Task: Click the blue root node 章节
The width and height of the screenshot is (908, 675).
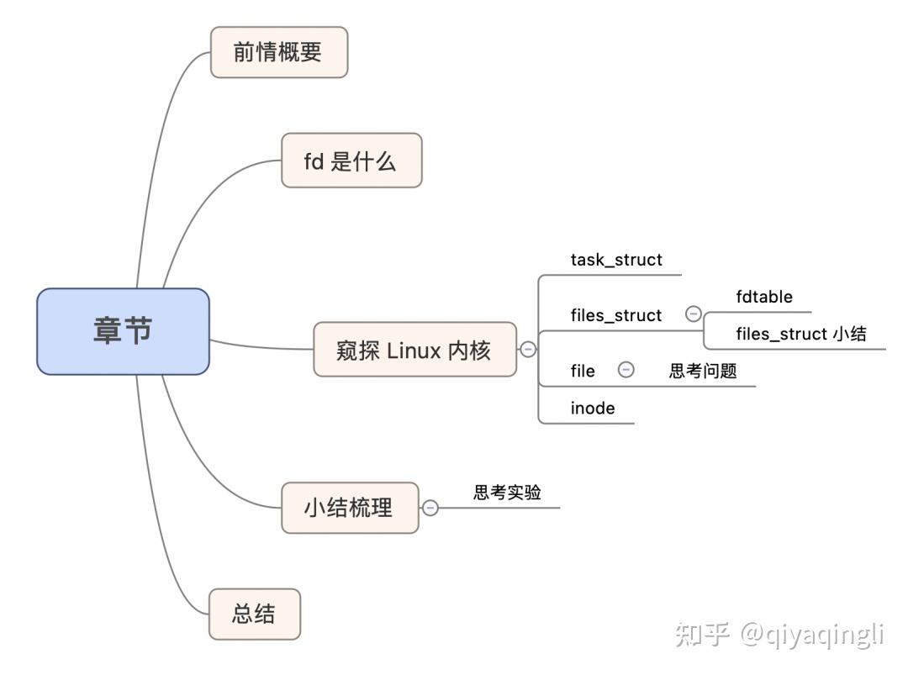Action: point(123,331)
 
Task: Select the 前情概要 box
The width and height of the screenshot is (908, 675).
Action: point(278,52)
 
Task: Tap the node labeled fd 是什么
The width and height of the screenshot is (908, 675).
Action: point(351,161)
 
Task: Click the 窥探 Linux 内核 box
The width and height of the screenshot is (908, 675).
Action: point(414,349)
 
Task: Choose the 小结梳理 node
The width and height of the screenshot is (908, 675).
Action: point(349,508)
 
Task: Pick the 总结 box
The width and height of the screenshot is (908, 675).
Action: point(254,614)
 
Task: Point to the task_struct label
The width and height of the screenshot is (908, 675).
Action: point(616,260)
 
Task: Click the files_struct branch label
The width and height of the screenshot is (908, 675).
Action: point(616,315)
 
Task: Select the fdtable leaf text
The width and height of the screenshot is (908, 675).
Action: point(764,297)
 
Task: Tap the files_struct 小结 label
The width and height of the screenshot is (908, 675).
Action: point(801,334)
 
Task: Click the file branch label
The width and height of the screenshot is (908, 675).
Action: point(583,371)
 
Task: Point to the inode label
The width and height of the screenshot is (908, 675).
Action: point(593,409)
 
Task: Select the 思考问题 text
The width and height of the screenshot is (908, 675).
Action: point(703,371)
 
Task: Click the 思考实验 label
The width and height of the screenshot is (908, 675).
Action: point(507,493)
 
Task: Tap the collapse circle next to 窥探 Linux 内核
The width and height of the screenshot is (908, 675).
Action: point(528,349)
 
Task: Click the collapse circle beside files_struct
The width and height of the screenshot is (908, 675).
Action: point(694,314)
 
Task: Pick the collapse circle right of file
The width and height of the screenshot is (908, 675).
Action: point(626,370)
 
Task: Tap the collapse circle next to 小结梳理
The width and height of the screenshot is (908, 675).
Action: point(430,508)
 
